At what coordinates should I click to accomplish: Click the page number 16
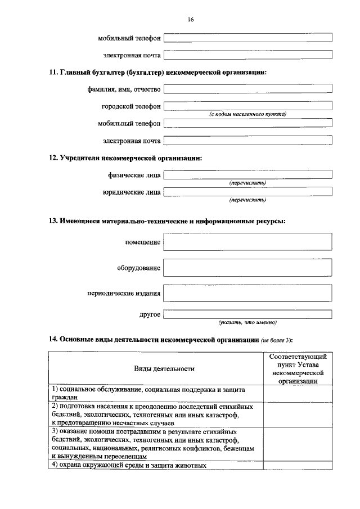pyautogui.click(x=191, y=20)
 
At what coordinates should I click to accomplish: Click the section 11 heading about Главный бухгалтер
pyautogui.click(x=157, y=72)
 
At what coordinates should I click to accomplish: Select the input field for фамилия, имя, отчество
pyautogui.click(x=247, y=89)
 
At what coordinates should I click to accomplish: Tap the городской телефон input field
pyautogui.click(x=247, y=106)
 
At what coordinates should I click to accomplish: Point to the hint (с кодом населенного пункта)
pyautogui.click(x=247, y=114)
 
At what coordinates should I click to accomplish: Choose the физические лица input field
pyautogui.click(x=247, y=174)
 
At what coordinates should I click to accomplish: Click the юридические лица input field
pyautogui.click(x=247, y=192)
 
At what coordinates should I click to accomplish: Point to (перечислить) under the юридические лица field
pyautogui.click(x=247, y=200)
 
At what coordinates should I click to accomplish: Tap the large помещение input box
pyautogui.click(x=247, y=242)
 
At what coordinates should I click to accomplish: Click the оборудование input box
pyautogui.click(x=247, y=268)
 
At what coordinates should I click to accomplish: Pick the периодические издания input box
pyautogui.click(x=247, y=293)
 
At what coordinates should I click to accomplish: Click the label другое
pyautogui.click(x=150, y=314)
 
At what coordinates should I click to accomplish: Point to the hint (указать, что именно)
pyautogui.click(x=247, y=322)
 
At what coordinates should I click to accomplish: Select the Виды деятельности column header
pyautogui.click(x=164, y=369)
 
